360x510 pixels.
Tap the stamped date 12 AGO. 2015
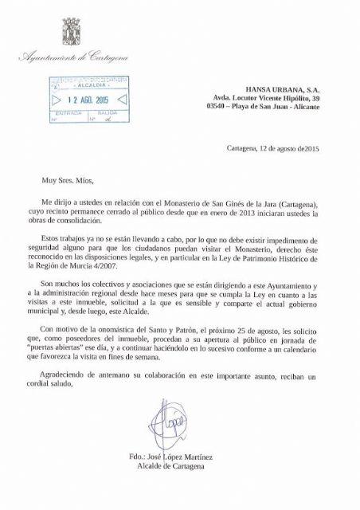tap(80, 100)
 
